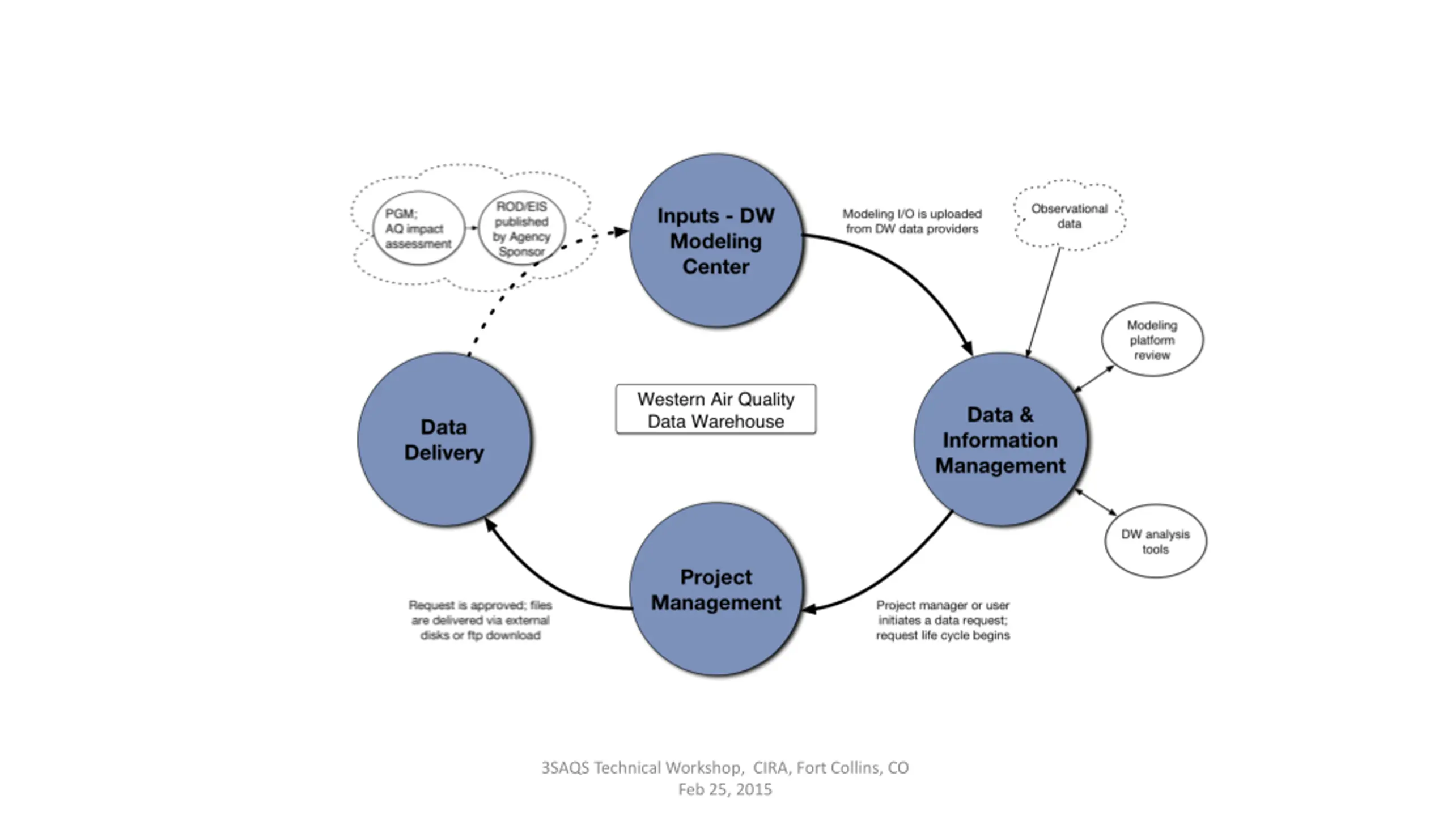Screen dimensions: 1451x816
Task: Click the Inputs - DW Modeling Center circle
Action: pos(716,240)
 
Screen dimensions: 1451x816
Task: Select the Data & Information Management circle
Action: pos(1000,439)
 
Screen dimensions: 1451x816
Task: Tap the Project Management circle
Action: pos(716,589)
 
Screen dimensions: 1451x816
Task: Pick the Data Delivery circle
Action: pos(444,439)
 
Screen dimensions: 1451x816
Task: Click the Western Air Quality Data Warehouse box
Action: pos(716,409)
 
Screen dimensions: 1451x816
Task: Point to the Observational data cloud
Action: pos(1069,215)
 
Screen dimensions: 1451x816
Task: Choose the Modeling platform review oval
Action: pos(1152,339)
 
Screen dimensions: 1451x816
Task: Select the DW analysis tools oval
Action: pos(1156,541)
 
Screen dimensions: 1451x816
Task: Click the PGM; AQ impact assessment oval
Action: pos(419,228)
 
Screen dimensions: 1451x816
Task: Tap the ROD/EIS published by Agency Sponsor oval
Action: pos(521,228)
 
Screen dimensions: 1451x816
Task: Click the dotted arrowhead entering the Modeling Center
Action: pos(622,231)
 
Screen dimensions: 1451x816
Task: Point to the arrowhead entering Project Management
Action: pos(810,609)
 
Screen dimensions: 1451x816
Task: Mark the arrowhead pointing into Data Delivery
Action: pos(491,525)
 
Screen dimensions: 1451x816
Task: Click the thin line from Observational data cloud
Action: pos(1043,302)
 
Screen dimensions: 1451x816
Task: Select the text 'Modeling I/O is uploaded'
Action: pos(912,214)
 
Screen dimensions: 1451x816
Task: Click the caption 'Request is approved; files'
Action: pos(480,605)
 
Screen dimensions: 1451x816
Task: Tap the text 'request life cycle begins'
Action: pos(943,635)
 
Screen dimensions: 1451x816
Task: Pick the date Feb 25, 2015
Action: pos(725,789)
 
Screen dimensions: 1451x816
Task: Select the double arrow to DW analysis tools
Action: pos(1096,502)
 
